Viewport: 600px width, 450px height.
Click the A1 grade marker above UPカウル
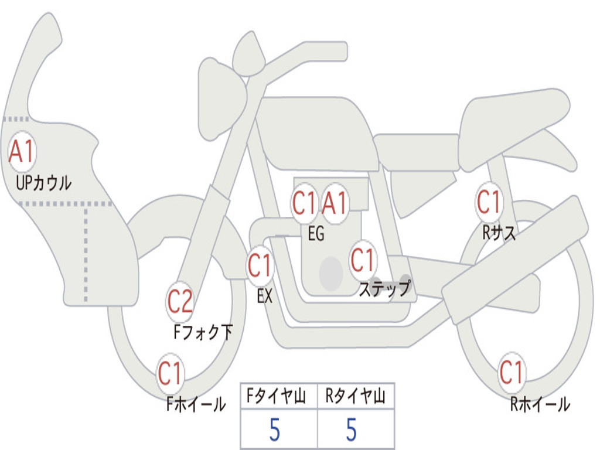22,151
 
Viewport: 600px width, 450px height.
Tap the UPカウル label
43,183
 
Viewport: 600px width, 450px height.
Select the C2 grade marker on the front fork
180,302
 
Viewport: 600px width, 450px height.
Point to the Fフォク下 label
203,332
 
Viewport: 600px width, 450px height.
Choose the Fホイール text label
196,404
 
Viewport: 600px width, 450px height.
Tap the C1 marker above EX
260,265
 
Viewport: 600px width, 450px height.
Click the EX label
264,296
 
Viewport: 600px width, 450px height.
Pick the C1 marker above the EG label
304,203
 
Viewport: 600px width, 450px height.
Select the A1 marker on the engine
335,203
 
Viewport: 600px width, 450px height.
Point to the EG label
316,233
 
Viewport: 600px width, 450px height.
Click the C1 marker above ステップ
362,260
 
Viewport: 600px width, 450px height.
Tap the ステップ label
384,288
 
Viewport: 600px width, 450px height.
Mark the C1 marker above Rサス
489,202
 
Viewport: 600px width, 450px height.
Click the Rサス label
499,232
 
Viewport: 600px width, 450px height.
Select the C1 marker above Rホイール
512,372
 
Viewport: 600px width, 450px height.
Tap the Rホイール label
540,404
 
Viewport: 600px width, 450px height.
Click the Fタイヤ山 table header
277,396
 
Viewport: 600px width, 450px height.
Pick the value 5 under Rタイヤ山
352,429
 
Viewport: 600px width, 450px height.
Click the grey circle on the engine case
331,274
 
